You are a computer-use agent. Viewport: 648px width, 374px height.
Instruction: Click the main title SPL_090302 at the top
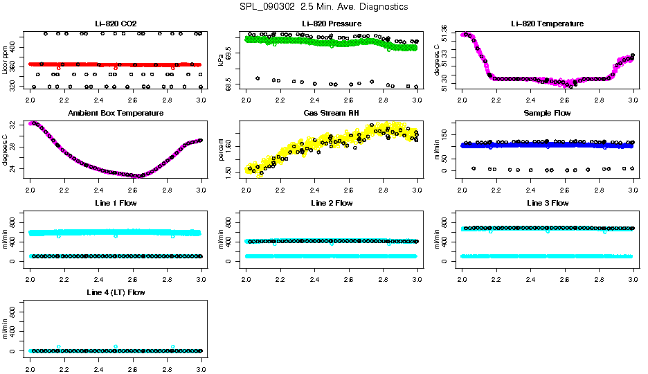[x=323, y=7]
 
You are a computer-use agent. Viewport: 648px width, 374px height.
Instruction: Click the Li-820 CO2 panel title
[x=116, y=24]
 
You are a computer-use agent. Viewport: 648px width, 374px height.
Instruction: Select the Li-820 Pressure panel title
[x=332, y=24]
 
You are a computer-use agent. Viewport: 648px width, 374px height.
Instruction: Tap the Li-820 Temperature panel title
[x=548, y=24]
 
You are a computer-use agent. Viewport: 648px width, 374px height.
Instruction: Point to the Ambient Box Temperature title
[x=116, y=114]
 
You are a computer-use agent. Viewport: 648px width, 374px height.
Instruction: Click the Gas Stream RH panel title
[x=332, y=114]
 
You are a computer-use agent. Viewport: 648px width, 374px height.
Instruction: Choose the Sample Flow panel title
[x=548, y=114]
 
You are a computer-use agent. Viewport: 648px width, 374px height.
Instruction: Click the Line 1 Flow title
[x=116, y=203]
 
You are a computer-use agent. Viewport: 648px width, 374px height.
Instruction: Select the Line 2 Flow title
[x=332, y=203]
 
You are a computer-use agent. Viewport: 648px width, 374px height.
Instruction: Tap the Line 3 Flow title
[x=548, y=203]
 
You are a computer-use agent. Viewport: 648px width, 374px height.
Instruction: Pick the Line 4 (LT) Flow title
[x=116, y=292]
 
